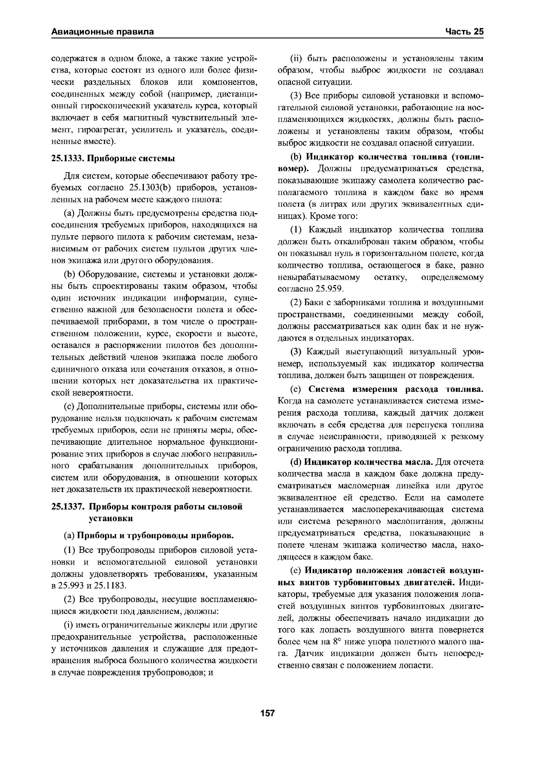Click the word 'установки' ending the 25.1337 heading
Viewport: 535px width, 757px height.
(111, 518)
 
